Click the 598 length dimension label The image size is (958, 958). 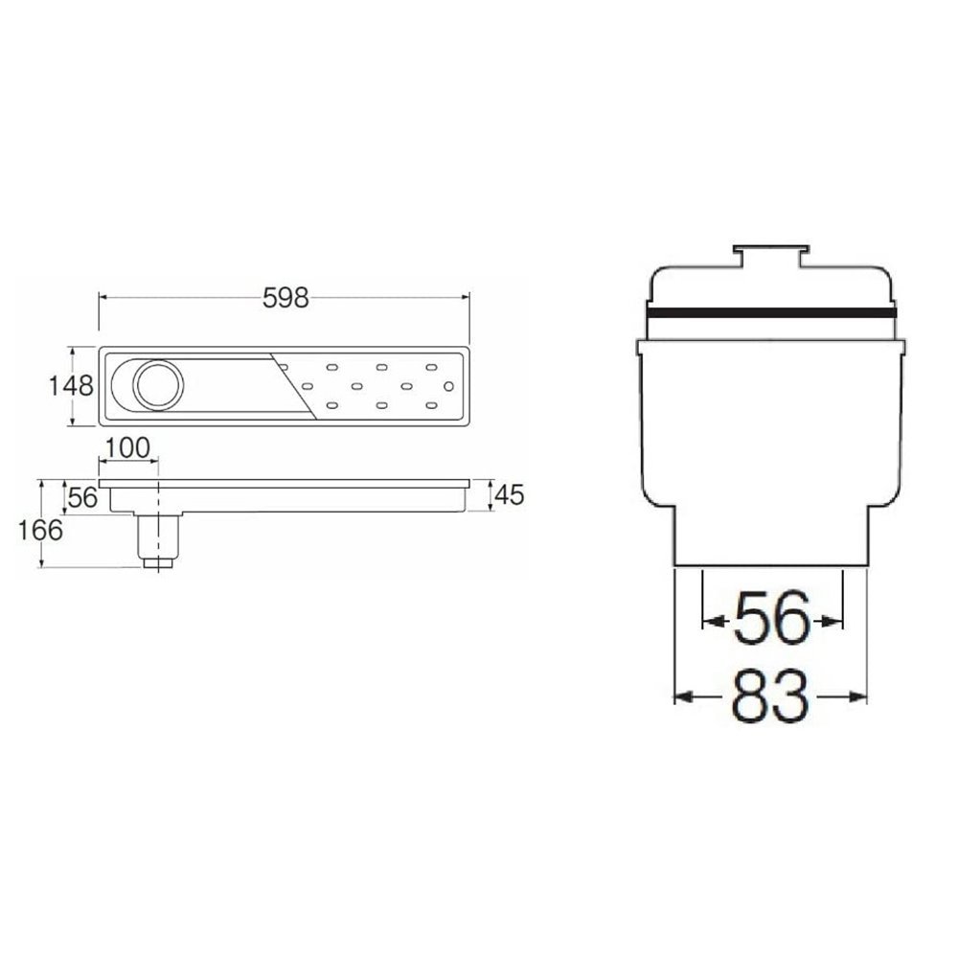click(x=285, y=298)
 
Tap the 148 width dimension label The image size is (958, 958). click(x=71, y=386)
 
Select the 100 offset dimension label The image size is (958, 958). click(x=127, y=447)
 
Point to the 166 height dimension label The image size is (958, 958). click(x=40, y=531)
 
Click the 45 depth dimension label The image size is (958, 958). click(x=509, y=495)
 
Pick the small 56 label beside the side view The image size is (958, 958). click(x=82, y=498)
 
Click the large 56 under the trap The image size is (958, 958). click(x=772, y=618)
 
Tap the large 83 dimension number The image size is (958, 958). click(x=770, y=696)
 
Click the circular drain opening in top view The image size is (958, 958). click(x=158, y=385)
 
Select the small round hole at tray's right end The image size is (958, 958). click(x=448, y=386)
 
